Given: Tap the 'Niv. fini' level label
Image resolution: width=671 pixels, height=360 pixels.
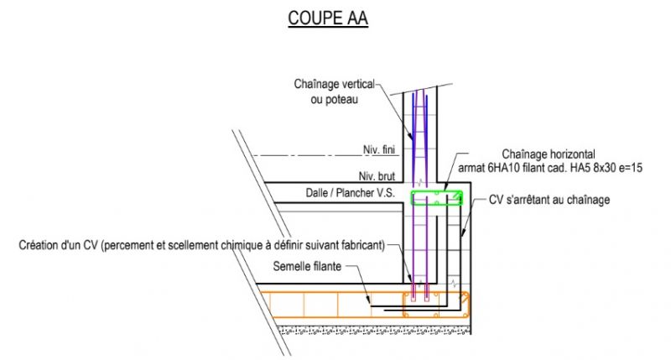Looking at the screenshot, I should click(x=378, y=149).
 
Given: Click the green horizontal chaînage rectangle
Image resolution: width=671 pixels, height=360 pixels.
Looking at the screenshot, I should click(x=436, y=198).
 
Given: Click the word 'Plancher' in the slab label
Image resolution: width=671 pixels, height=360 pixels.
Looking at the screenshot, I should click(x=354, y=194).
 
